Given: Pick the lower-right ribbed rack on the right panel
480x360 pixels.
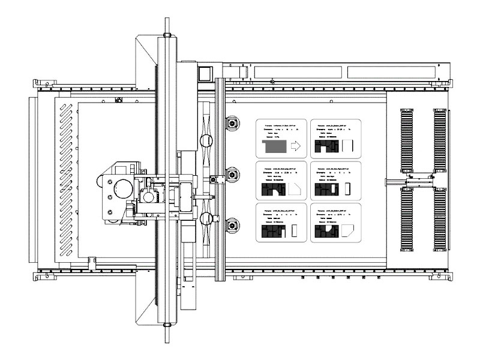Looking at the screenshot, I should (x=440, y=217).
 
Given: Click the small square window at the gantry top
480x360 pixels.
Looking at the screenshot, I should (x=205, y=73).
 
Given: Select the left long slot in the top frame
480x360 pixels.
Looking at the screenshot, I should (x=298, y=72).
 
